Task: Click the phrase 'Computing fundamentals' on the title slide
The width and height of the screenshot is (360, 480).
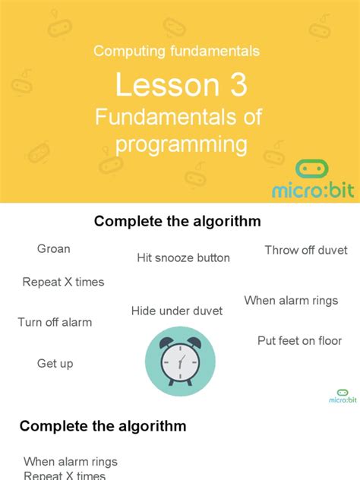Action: [176, 51]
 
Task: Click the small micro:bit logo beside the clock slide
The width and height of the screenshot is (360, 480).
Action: [343, 396]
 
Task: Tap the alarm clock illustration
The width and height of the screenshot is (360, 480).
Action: [181, 362]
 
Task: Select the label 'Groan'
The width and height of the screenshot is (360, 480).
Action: [53, 248]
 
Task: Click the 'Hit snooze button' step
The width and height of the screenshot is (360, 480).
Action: [183, 257]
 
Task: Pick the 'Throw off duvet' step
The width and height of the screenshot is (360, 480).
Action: [306, 250]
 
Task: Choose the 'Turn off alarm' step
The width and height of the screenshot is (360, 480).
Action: [55, 322]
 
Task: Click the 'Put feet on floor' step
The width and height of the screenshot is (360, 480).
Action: [299, 341]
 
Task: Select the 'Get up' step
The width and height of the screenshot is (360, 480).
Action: [55, 364]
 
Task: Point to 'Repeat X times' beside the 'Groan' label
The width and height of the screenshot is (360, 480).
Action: [63, 282]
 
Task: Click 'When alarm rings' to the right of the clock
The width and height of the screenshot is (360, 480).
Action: [291, 300]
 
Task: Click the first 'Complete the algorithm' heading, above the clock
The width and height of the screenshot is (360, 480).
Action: [177, 222]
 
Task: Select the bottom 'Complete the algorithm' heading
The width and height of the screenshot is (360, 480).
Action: [103, 426]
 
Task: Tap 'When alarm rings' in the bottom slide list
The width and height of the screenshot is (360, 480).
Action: [71, 461]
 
